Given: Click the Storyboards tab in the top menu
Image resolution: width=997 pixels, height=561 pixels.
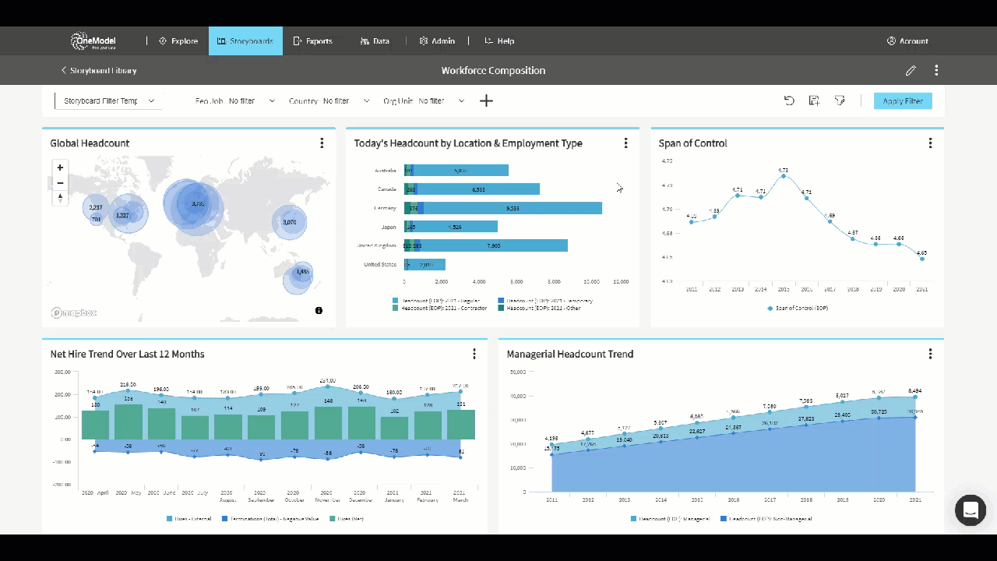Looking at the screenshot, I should tap(245, 41).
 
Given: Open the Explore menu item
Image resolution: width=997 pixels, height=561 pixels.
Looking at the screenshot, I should tap(178, 41).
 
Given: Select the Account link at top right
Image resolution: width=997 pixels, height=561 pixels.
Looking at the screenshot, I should tap(907, 41).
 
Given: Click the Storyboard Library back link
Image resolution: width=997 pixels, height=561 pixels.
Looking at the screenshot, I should tap(99, 71).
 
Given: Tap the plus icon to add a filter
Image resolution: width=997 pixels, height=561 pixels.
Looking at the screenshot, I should tap(486, 101).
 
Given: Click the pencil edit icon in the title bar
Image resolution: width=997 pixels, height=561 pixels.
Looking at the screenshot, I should tap(911, 71).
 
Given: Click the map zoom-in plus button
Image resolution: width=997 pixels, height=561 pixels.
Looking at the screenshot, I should tap(60, 168).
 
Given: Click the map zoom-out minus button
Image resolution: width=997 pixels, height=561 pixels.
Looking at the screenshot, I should tap(60, 183).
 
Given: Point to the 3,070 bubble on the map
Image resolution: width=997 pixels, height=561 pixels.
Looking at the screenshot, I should tap(289, 222).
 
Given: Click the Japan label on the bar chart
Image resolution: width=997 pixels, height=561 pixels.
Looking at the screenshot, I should tap(387, 227).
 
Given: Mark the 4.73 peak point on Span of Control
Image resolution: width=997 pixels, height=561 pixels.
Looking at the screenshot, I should tap(783, 176).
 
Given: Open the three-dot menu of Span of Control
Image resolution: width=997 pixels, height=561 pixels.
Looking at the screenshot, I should tap(930, 143).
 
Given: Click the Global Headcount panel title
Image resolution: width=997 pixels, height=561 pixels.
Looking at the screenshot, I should tap(90, 143).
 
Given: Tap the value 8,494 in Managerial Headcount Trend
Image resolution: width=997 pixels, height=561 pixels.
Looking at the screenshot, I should tap(914, 391).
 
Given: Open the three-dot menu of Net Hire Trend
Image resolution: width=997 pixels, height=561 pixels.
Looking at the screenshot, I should tap(474, 354).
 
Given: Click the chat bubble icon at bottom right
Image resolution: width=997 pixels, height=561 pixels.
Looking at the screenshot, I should tap(971, 510).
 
